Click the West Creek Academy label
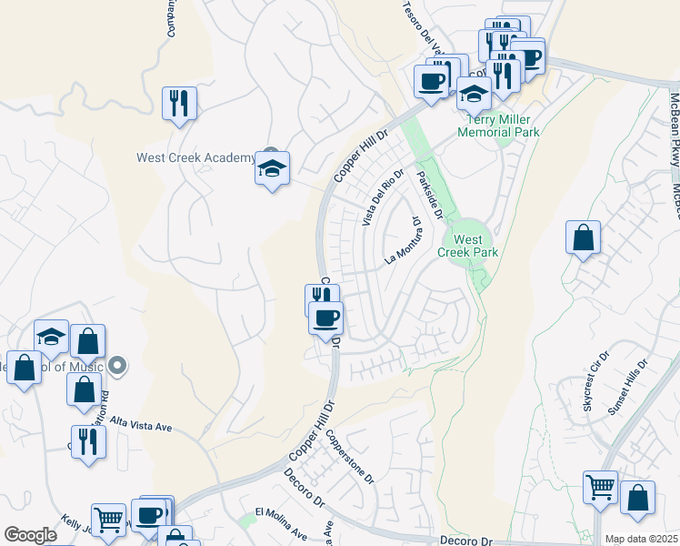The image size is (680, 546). pyautogui.click(x=196, y=157)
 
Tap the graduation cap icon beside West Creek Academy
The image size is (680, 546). pyautogui.click(x=272, y=169)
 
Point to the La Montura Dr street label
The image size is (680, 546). pyautogui.click(x=405, y=240)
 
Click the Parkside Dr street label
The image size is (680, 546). pyautogui.click(x=429, y=195)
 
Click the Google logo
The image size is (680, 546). pyautogui.click(x=30, y=535)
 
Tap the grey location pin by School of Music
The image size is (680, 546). pyautogui.click(x=117, y=366)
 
